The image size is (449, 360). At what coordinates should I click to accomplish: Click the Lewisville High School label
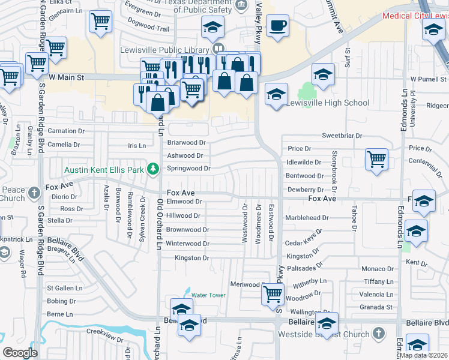click(x=327, y=103)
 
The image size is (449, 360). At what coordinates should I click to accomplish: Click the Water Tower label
click(x=208, y=295)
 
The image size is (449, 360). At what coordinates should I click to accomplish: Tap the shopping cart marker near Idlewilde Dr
click(x=377, y=160)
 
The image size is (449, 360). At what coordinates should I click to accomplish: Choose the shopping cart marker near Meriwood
click(x=273, y=295)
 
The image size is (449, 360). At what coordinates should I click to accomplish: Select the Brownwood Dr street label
click(x=187, y=230)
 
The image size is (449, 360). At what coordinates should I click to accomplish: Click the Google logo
click(x=20, y=353)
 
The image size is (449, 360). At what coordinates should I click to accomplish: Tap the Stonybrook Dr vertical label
click(x=334, y=167)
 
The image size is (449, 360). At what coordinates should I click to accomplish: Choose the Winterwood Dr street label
click(x=187, y=244)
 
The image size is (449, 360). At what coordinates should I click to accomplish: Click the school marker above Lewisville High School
click(x=324, y=76)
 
